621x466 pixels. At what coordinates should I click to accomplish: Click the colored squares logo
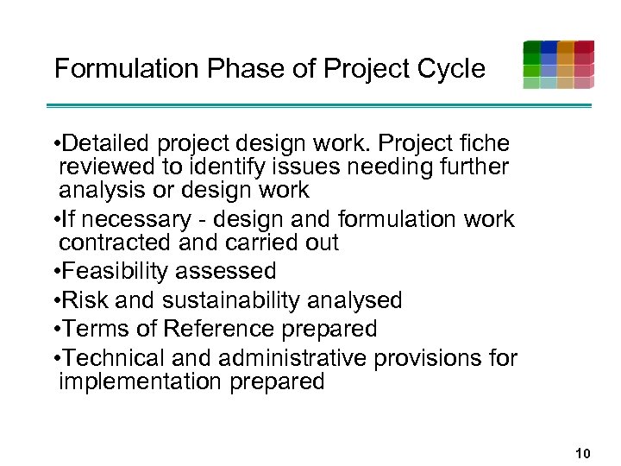click(558, 65)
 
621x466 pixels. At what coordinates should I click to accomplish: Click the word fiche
click(482, 143)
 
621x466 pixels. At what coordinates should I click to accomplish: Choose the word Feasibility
click(116, 272)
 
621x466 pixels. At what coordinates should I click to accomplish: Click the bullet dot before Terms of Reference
click(54, 330)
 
